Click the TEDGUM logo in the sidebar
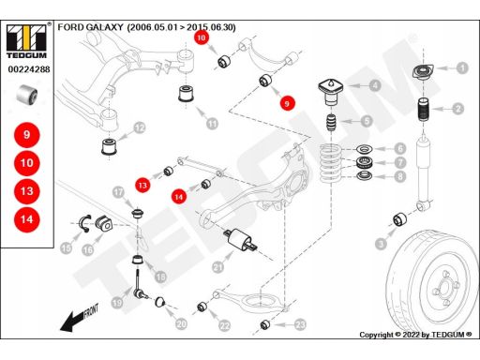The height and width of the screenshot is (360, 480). [27, 40]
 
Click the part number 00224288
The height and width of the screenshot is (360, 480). [29, 69]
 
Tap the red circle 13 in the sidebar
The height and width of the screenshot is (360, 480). [27, 191]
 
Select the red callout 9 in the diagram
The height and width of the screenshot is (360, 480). [287, 103]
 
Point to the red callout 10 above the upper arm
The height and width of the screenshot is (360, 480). [202, 37]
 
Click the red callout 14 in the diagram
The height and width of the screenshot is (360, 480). [179, 197]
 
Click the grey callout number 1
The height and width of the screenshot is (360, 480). [462, 67]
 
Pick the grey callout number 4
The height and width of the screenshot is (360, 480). [374, 85]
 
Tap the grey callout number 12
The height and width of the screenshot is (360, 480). [140, 127]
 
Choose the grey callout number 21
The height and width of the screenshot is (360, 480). [217, 267]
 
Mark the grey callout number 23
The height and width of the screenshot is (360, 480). [300, 325]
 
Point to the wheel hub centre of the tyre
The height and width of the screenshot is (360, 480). [443, 288]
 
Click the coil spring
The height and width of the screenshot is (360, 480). [331, 162]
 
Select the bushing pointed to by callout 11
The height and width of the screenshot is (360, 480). [187, 93]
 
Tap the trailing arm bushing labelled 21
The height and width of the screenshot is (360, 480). [241, 240]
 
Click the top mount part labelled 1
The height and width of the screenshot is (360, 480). [423, 72]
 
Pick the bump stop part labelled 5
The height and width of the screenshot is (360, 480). [331, 123]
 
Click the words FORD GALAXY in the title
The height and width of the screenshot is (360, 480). [90, 27]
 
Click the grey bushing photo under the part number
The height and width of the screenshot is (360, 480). [27, 95]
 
